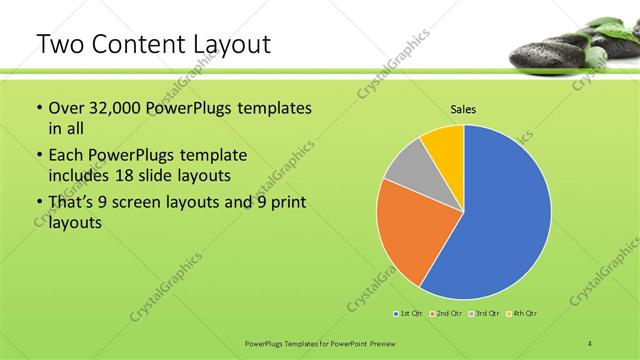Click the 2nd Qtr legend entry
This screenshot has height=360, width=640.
(x=446, y=314)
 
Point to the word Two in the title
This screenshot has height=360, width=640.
(x=59, y=44)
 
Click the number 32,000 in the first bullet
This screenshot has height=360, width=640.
(x=117, y=108)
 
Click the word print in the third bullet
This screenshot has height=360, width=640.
(x=287, y=204)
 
